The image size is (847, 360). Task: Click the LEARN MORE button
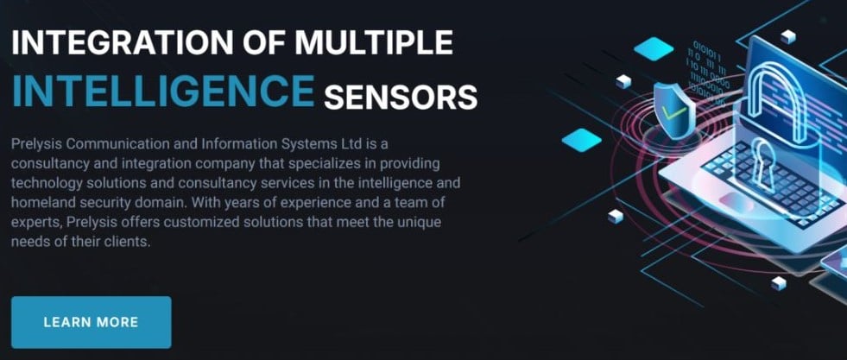(x=92, y=322)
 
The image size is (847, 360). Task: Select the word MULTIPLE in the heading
(x=374, y=43)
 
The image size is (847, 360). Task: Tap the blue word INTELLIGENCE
(x=163, y=92)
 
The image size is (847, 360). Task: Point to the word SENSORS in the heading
(x=401, y=98)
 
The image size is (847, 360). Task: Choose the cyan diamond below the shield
(x=581, y=140)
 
